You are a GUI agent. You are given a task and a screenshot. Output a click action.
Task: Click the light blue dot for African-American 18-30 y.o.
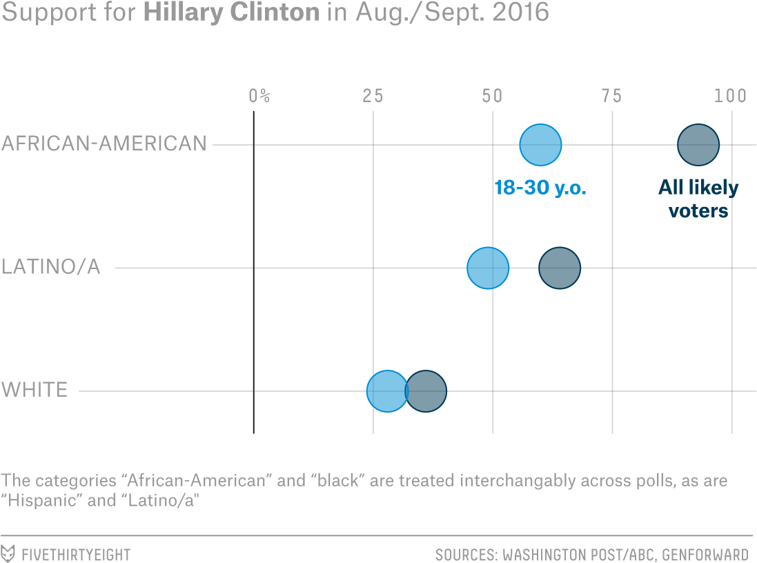tap(540, 145)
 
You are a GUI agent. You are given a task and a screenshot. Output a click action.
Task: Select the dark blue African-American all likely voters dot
tap(698, 145)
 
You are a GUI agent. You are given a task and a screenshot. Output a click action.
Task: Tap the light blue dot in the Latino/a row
tap(488, 268)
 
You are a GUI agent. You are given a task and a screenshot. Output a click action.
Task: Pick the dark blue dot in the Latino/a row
tap(560, 268)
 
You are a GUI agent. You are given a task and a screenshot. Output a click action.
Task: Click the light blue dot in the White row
tap(387, 391)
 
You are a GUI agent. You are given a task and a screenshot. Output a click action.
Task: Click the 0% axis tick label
tap(259, 96)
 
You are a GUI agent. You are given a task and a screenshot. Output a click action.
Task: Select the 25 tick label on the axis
tap(373, 96)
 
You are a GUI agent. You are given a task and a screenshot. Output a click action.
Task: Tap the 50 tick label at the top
tap(492, 96)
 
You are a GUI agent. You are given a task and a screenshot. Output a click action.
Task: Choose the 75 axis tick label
tap(611, 96)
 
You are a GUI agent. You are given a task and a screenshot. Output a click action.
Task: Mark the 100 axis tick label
tap(730, 96)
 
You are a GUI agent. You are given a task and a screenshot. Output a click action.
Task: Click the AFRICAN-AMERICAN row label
tap(104, 144)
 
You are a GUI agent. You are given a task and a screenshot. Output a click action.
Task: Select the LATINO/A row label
tap(51, 267)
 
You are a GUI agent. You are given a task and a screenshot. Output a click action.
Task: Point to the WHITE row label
tap(35, 391)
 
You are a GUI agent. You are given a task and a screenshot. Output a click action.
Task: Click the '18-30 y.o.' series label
tap(540, 188)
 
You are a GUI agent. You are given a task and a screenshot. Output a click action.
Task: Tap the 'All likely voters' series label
tap(698, 199)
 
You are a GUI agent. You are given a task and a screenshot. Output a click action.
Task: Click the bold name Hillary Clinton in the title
tap(231, 14)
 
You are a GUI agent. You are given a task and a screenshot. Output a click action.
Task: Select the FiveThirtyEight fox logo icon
tap(9, 553)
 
